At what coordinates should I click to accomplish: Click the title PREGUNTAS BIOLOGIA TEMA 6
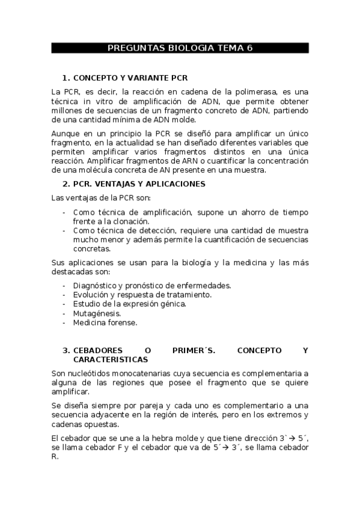(180, 48)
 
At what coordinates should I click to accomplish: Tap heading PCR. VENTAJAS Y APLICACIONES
(139, 183)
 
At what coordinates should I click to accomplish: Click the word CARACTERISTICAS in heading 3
(111, 359)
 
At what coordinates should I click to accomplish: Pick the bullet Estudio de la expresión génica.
(129, 304)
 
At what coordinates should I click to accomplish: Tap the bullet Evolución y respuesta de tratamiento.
(142, 295)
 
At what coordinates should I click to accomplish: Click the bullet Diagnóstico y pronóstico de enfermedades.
(152, 285)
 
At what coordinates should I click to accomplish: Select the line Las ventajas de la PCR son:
(101, 198)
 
